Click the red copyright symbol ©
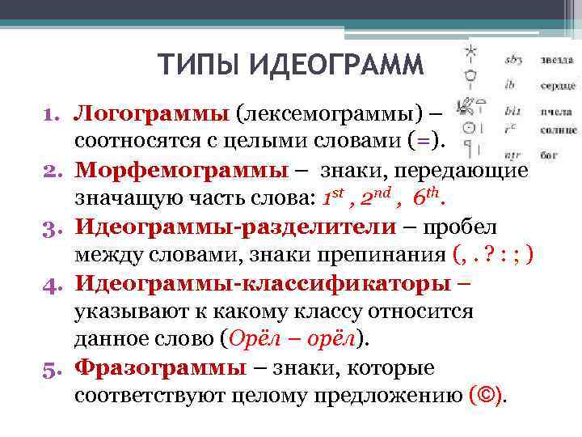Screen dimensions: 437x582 click(x=487, y=397)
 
